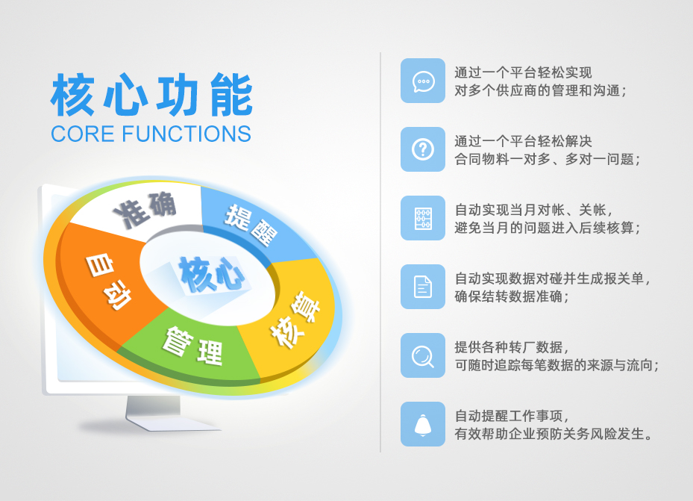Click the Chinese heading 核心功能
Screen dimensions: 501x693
[152, 96]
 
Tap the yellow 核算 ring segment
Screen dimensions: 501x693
[298, 317]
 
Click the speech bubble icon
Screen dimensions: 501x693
[423, 81]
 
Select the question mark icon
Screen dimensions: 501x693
[423, 149]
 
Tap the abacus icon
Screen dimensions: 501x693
[423, 218]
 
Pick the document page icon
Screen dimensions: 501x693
[423, 287]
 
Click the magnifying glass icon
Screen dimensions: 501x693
[423, 355]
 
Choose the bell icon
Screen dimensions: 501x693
[423, 424]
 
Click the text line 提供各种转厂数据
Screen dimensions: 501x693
[512, 347]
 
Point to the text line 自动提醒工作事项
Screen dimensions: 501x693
[512, 416]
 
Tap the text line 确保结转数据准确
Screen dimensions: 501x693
[512, 296]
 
